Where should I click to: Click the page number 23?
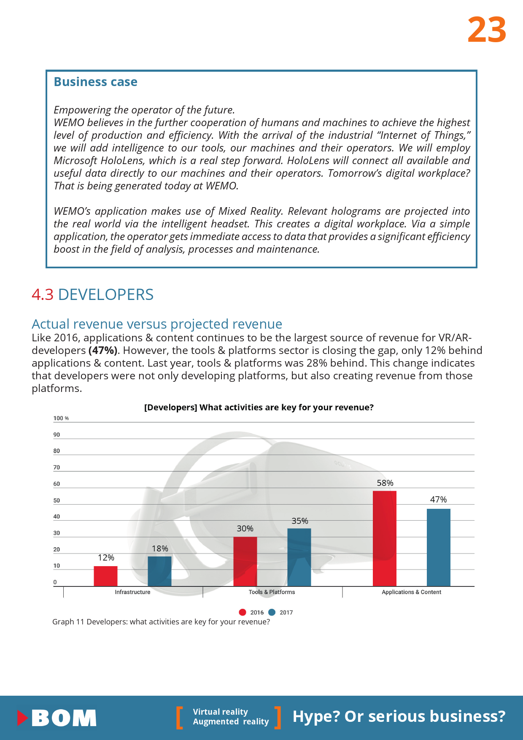[487, 30]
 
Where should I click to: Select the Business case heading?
[95, 82]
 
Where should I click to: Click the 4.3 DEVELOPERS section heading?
[93, 294]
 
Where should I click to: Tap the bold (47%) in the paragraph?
[103, 351]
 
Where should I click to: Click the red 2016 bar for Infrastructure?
[105, 576]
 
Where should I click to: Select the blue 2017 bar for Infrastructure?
[159, 571]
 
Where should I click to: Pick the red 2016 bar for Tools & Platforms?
[245, 562]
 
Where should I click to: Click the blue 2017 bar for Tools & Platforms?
[299, 557]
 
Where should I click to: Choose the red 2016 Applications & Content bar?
[385, 538]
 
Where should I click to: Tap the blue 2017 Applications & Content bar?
[439, 547]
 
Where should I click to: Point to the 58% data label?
[385, 483]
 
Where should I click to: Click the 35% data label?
[300, 521]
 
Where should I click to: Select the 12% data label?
[106, 558]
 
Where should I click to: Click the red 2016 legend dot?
[243, 612]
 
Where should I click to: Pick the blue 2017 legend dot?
[272, 612]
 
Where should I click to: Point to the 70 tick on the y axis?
[57, 467]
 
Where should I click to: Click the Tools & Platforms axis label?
[272, 592]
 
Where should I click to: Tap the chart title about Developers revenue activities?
[259, 407]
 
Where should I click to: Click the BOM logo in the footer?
[57, 718]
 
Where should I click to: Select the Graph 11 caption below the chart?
[161, 622]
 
